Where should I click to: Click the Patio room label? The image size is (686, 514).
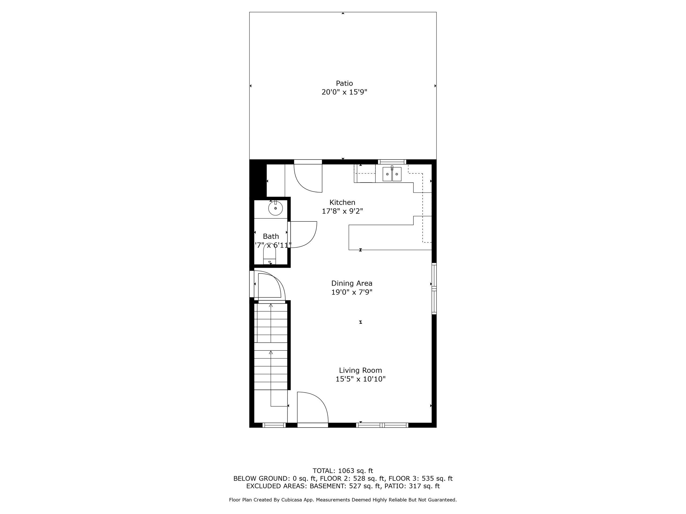pos(344,83)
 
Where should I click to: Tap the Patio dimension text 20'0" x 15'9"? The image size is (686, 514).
pos(344,92)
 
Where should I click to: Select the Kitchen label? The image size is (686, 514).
pos(342,202)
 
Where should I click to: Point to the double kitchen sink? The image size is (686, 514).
pos(392,174)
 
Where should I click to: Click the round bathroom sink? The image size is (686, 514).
pos(275,208)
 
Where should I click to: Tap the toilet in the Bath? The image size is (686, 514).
pos(270,254)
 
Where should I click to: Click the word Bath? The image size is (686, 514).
pos(271,236)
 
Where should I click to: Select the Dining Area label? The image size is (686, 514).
pos(352,283)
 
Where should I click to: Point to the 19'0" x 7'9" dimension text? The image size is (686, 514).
pos(352,292)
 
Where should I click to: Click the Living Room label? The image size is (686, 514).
pos(360,370)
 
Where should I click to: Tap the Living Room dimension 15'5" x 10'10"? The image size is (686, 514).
pos(360,379)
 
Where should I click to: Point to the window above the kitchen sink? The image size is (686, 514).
pos(392,162)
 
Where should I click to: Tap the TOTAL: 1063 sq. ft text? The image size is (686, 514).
pos(343,471)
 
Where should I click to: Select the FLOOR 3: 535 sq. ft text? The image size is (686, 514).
pos(420,479)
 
